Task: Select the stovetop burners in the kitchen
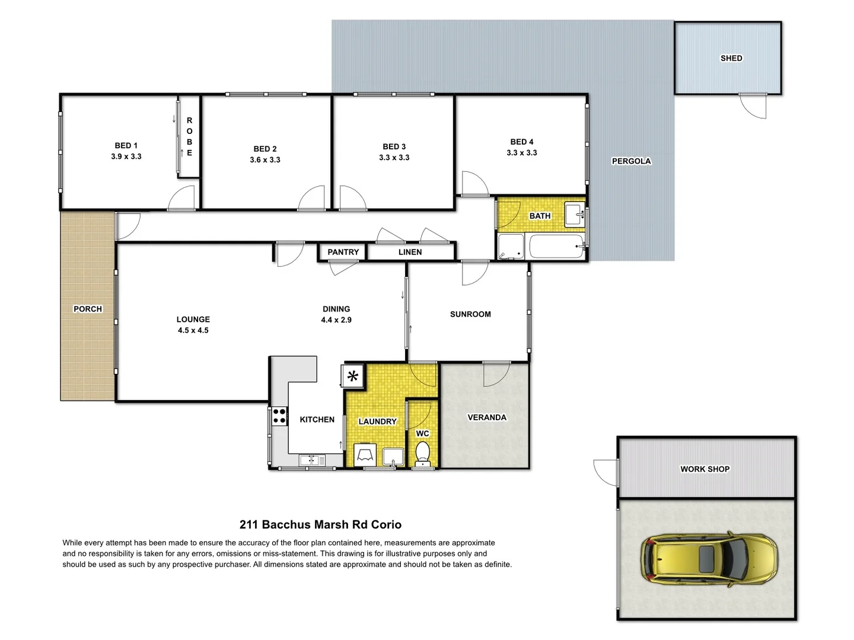[x=279, y=416]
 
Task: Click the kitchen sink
[x=312, y=460]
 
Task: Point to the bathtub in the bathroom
[x=556, y=246]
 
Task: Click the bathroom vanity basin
[x=573, y=215]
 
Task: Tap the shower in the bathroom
[x=511, y=247]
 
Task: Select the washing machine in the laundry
[x=365, y=455]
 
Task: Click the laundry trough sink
[x=393, y=457]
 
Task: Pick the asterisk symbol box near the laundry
[x=353, y=376]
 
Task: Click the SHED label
[x=731, y=58]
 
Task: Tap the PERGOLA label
[x=631, y=161]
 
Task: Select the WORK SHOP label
[x=705, y=469]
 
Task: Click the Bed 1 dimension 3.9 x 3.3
[x=126, y=156]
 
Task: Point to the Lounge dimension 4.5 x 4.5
[x=193, y=330]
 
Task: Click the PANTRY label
[x=343, y=252]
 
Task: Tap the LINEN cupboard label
[x=410, y=252]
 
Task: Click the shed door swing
[x=754, y=107]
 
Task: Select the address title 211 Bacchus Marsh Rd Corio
[x=320, y=524]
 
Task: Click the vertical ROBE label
[x=189, y=137]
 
